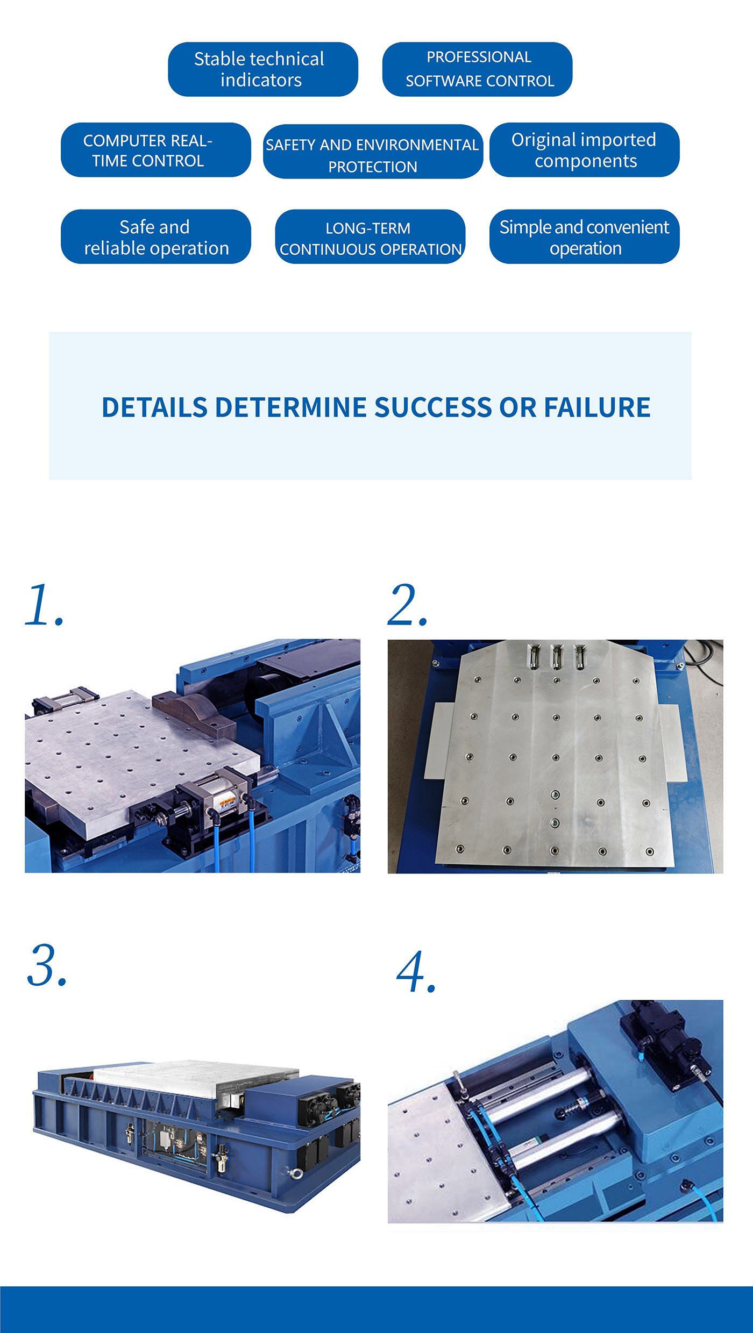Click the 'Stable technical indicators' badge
click(x=262, y=69)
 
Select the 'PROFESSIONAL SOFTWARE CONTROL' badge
click(x=477, y=69)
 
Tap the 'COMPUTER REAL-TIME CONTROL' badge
click(x=155, y=150)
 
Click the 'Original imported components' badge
click(x=584, y=150)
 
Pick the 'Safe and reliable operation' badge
click(x=155, y=237)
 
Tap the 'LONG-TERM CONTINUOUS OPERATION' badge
click(x=370, y=237)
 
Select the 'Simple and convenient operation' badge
click(x=584, y=237)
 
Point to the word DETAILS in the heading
click(x=154, y=407)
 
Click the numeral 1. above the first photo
click(x=44, y=605)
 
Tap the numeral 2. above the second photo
click(x=408, y=605)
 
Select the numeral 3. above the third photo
click(x=47, y=965)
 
